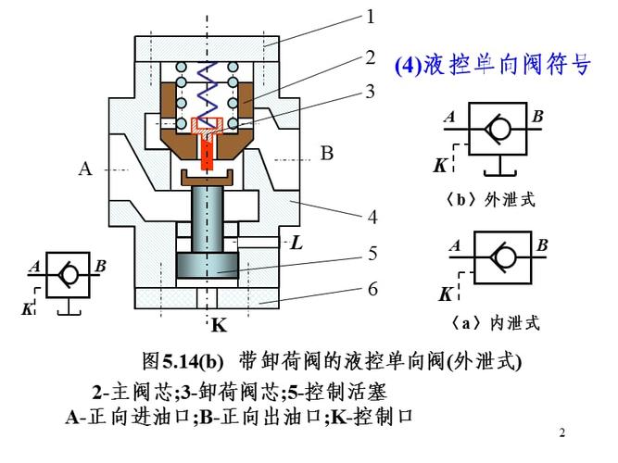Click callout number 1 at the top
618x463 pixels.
coord(370,17)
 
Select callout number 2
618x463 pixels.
coord(370,56)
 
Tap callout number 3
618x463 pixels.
coord(370,91)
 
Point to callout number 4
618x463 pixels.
coord(372,218)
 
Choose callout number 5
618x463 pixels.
coord(372,252)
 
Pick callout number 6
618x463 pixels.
coord(372,289)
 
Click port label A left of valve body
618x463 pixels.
coord(86,169)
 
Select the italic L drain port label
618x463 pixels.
coord(296,244)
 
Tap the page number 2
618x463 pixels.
coord(563,432)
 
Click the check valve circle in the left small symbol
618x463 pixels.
coord(64,272)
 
